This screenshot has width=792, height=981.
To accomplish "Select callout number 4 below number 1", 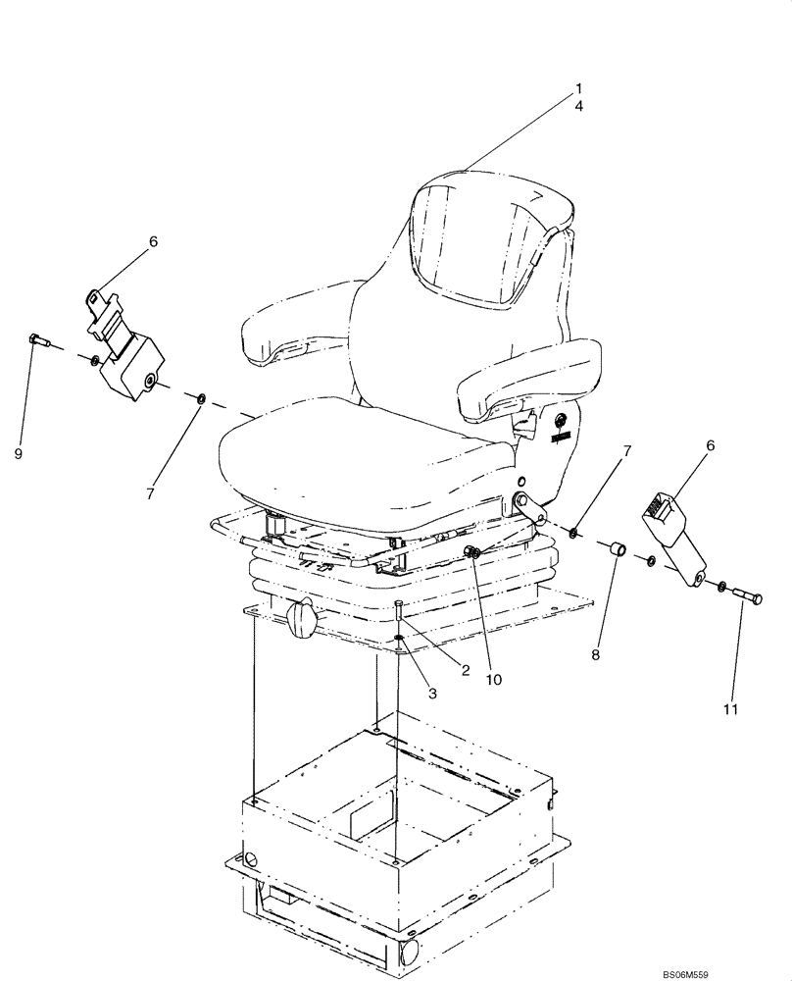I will coord(578,106).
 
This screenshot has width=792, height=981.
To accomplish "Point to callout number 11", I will coord(731,707).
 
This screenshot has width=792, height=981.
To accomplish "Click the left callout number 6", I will coord(153,240).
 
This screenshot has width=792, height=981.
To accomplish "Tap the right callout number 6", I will coord(711,444).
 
